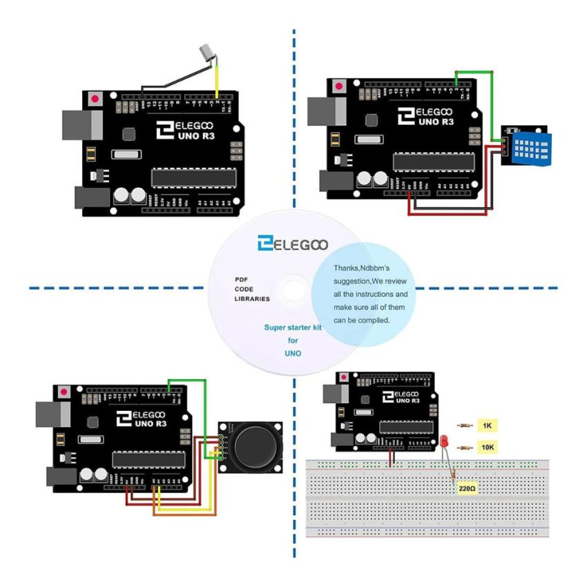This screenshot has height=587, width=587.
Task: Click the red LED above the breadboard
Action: [x=443, y=441]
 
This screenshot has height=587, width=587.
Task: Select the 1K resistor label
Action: [x=488, y=425]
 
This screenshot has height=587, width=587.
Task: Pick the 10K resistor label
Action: [x=488, y=448]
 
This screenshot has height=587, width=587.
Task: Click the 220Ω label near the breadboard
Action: [x=468, y=488]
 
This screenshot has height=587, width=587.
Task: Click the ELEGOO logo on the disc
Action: [x=293, y=244]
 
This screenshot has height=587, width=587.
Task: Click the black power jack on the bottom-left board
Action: [x=60, y=478]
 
